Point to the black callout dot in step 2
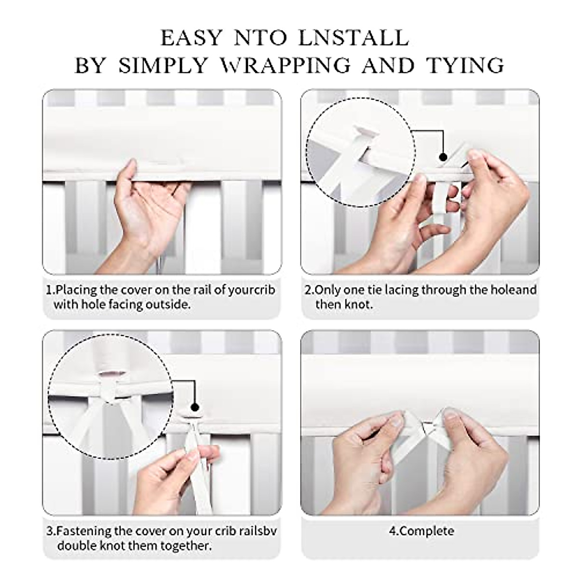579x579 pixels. click(442, 157)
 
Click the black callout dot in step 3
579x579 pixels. click(195, 407)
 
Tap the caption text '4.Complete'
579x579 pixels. click(421, 531)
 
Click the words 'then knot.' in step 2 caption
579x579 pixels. click(344, 304)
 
